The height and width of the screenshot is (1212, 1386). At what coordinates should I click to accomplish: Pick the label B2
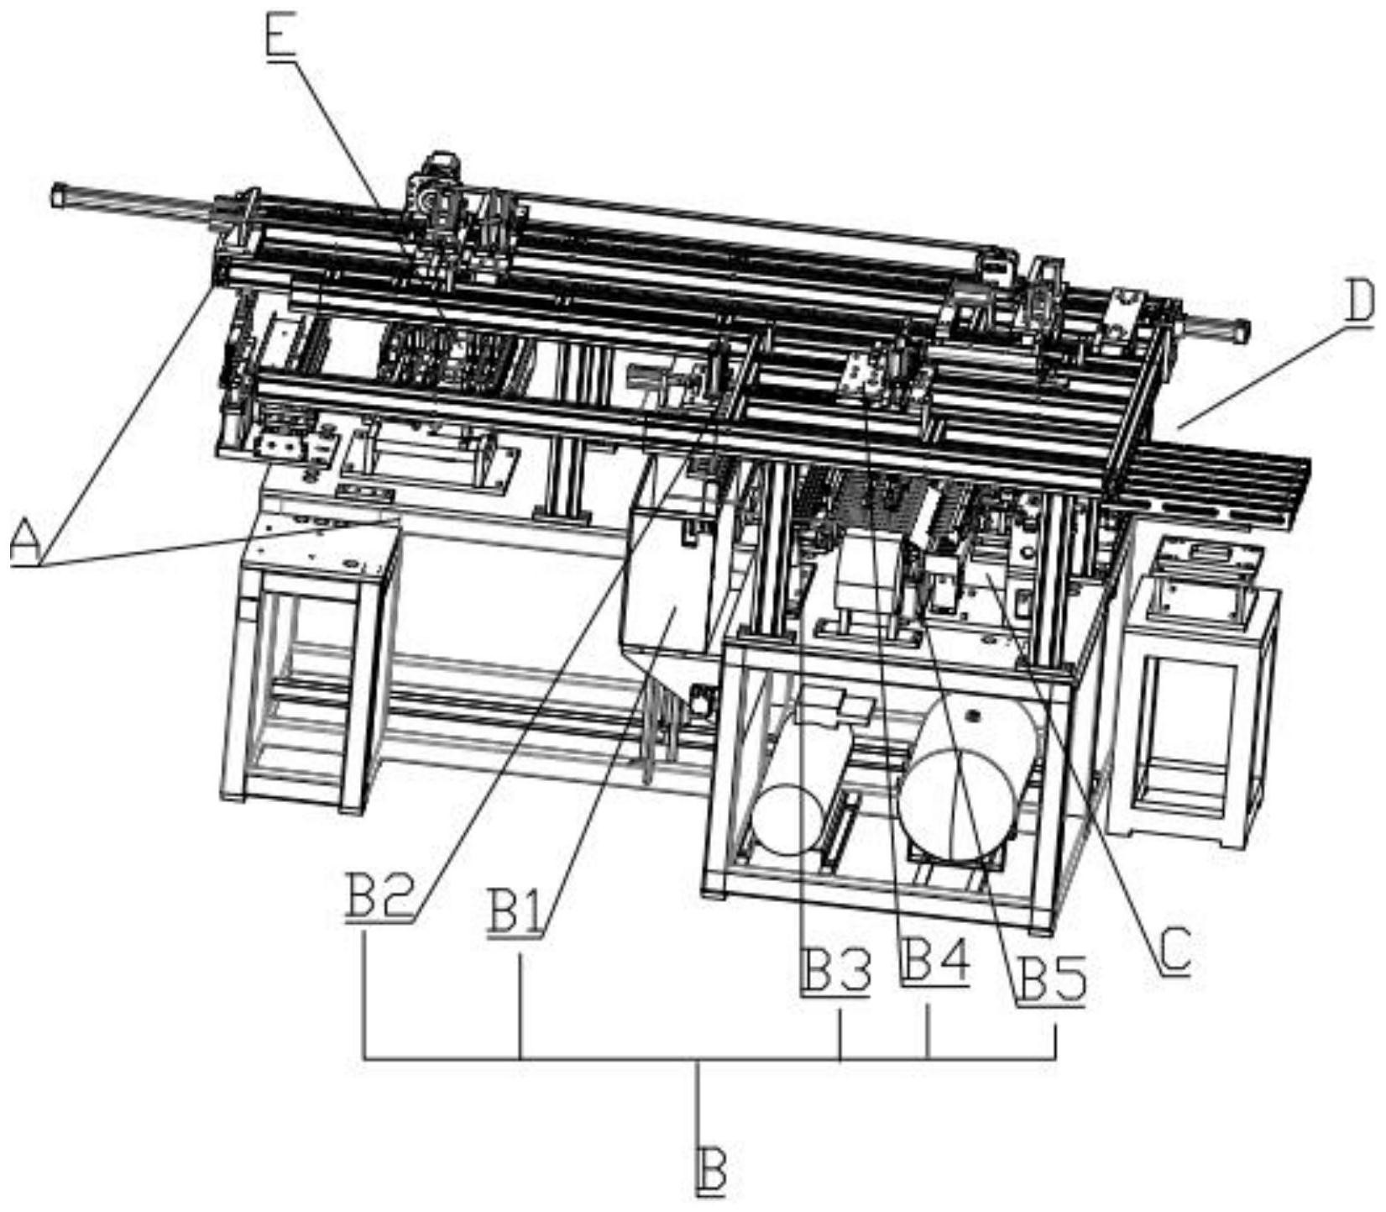(x=379, y=897)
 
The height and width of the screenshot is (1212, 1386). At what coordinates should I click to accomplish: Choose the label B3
(x=835, y=970)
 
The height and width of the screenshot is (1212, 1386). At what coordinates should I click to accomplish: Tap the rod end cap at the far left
(x=58, y=195)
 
